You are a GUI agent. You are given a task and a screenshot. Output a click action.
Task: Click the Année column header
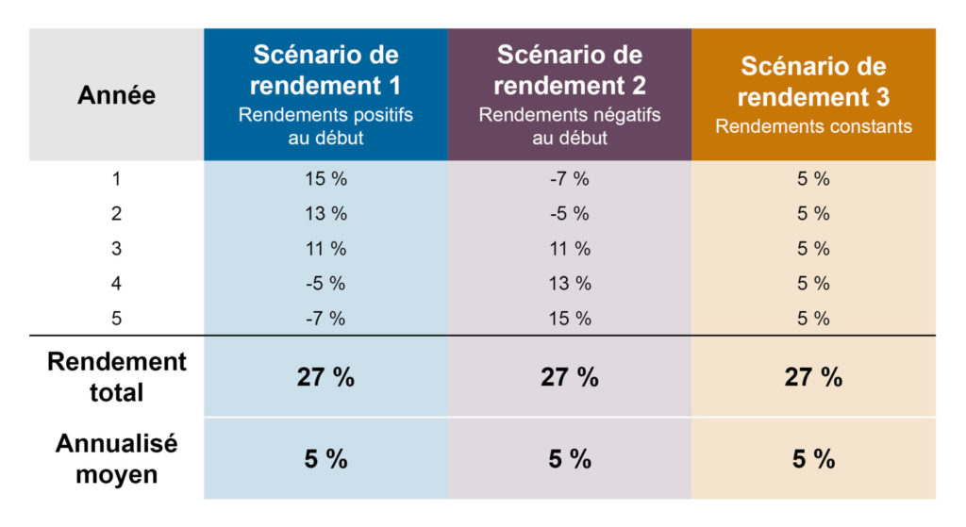coord(116,95)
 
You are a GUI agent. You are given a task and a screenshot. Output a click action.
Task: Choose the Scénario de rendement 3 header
coord(813,82)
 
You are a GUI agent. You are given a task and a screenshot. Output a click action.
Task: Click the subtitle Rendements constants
coord(813,126)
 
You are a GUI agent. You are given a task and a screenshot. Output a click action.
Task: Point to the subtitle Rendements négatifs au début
coord(569,126)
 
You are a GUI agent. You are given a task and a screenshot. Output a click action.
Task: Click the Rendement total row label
coord(116,377)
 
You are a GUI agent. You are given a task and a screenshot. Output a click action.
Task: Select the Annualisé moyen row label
coord(116,458)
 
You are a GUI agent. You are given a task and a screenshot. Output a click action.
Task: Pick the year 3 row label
coord(116,249)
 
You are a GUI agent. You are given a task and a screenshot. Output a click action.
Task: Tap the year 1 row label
coord(116,179)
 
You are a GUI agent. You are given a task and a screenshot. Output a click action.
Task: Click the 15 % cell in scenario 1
coord(325,179)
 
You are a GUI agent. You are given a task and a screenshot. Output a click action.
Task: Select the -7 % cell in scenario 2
coord(569,179)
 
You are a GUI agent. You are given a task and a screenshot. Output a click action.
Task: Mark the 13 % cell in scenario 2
coord(569,284)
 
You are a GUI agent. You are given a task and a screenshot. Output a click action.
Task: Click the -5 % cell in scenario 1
coord(325,284)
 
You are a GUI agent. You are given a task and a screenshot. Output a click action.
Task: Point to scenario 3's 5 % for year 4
coord(813,284)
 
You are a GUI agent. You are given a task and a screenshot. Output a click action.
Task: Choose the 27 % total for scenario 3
coord(813,378)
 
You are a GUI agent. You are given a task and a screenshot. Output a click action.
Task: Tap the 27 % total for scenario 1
coord(325,378)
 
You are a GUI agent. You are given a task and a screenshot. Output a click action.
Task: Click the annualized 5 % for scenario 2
coord(569,459)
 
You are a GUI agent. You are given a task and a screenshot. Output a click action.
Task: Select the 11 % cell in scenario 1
coord(325,249)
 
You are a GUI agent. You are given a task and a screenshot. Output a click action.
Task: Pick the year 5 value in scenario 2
coord(569,319)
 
